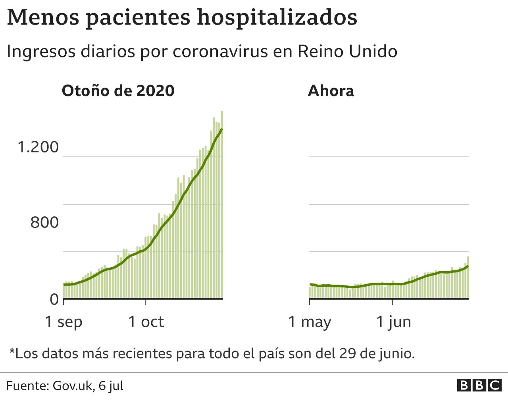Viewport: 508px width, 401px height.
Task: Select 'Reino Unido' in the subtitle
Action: tap(347, 52)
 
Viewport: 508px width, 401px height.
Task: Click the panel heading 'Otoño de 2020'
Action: tap(118, 91)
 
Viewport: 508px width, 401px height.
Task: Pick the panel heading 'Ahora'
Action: tap(331, 91)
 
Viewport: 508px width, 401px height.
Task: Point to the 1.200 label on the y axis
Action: tap(38, 147)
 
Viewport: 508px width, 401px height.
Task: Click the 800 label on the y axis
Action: tap(44, 223)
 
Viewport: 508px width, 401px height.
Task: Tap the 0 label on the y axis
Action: tap(54, 299)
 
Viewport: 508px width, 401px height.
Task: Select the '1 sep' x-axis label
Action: tap(63, 322)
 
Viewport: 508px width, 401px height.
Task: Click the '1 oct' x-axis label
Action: tap(146, 322)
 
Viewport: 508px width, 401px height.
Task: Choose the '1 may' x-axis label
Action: tap(310, 322)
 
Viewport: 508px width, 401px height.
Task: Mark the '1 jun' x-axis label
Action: tap(393, 322)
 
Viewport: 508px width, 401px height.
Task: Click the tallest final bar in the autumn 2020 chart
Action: tap(222, 204)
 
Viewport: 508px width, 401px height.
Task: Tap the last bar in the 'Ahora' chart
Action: tap(468, 277)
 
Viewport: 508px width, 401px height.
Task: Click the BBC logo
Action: tap(479, 386)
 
